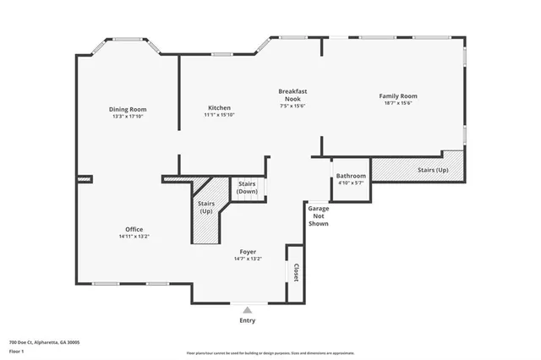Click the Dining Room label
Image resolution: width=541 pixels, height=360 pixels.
pos(128,109)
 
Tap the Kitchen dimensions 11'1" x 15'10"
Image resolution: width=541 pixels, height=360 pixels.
pos(219,115)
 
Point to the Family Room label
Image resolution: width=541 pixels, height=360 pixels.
pos(397,96)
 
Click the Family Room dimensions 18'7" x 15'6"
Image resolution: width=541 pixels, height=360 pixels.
pos(397,103)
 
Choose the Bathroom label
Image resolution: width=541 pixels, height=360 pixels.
pos(351,176)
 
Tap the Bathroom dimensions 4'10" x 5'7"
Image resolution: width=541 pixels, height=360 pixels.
pos(351,183)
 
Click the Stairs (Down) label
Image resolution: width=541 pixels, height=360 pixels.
pos(247,188)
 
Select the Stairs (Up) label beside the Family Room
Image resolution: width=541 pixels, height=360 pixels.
pos(432,170)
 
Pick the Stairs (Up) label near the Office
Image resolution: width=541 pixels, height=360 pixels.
pos(206,207)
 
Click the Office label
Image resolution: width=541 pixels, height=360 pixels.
pos(134,229)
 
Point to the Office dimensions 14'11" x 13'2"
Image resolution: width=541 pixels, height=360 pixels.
pos(134,237)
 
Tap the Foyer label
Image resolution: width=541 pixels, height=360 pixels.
pos(248,252)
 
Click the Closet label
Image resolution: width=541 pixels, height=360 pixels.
pos(296,272)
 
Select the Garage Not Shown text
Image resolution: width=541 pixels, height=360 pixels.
pos(318,215)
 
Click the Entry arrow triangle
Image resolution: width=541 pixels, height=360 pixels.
pos(248,309)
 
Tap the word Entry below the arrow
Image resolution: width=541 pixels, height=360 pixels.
pos(248,320)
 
